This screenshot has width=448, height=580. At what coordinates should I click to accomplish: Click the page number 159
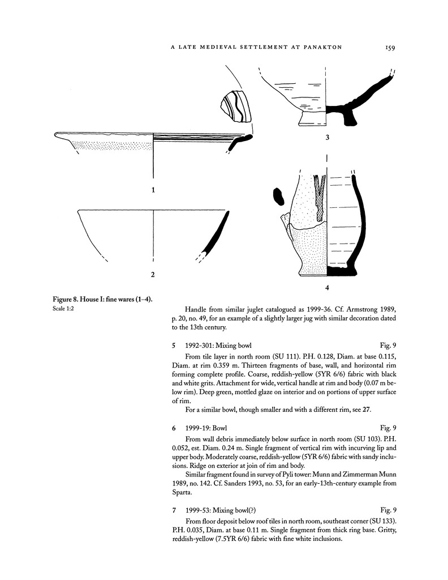coord(387,48)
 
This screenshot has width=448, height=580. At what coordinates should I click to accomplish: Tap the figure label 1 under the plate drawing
coord(153,190)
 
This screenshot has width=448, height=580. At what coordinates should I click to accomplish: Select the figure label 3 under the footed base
coord(328,138)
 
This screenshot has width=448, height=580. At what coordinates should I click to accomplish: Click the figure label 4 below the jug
coord(328,288)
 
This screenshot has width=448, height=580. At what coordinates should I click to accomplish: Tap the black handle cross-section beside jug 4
coord(278,196)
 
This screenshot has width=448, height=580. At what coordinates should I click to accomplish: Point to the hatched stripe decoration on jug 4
coord(320,195)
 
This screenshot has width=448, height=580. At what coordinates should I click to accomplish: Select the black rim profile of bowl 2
coord(210,238)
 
